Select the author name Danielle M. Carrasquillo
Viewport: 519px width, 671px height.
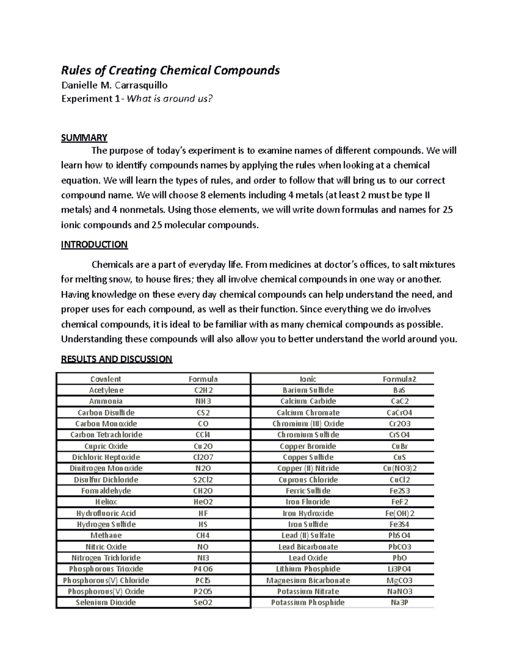point(114,85)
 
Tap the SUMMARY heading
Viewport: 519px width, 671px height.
point(84,138)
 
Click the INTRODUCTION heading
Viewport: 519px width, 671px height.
point(94,245)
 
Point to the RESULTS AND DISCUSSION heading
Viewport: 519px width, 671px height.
point(117,359)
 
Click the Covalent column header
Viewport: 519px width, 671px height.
point(106,379)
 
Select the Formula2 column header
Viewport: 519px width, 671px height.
point(399,379)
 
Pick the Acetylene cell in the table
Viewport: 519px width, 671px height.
point(106,390)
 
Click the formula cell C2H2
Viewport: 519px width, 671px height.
point(203,390)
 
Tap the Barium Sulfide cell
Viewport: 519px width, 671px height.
point(308,390)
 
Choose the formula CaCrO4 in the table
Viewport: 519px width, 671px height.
point(399,413)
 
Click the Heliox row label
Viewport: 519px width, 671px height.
point(106,502)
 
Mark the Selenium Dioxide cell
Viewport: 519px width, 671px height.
point(106,602)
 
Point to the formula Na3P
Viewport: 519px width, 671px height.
point(399,602)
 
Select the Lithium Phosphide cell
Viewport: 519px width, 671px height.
point(308,569)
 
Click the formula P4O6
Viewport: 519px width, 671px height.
point(203,569)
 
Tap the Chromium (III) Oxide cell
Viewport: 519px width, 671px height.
point(308,424)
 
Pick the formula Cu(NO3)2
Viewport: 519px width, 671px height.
point(399,468)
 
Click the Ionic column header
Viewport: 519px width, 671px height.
point(308,379)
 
